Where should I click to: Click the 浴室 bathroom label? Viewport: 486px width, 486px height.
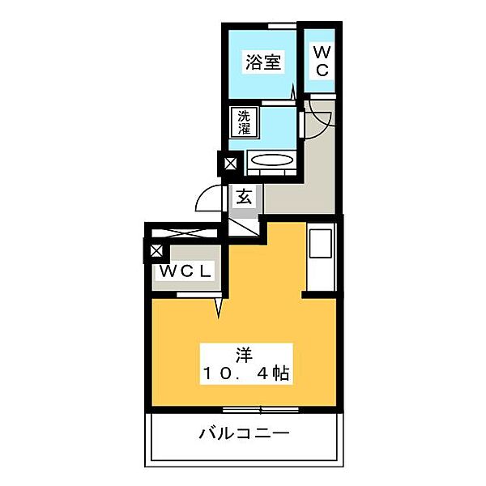tap(263, 62)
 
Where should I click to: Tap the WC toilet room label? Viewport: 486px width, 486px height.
tap(322, 61)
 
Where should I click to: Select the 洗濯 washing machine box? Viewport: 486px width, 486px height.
tap(244, 122)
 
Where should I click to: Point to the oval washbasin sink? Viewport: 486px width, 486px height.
tap(272, 160)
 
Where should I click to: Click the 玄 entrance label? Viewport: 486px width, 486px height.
tap(245, 197)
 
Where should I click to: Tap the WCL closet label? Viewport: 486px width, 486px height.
tap(185, 271)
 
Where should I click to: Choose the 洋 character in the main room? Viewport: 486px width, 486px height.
tap(245, 356)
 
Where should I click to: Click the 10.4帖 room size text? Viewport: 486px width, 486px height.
tap(246, 373)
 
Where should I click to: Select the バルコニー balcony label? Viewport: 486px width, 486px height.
tap(244, 433)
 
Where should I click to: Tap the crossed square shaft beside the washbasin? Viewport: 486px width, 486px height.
tap(230, 164)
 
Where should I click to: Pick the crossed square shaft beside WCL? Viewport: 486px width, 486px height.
tap(156, 251)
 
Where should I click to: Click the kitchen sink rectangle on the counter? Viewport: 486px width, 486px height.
tap(321, 243)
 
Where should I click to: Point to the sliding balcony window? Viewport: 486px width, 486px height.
tap(260, 410)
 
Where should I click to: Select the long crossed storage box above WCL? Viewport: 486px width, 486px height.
tap(185, 233)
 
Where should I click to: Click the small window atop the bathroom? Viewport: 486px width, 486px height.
tap(282, 27)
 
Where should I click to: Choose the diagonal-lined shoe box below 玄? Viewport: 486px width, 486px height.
tap(244, 228)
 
